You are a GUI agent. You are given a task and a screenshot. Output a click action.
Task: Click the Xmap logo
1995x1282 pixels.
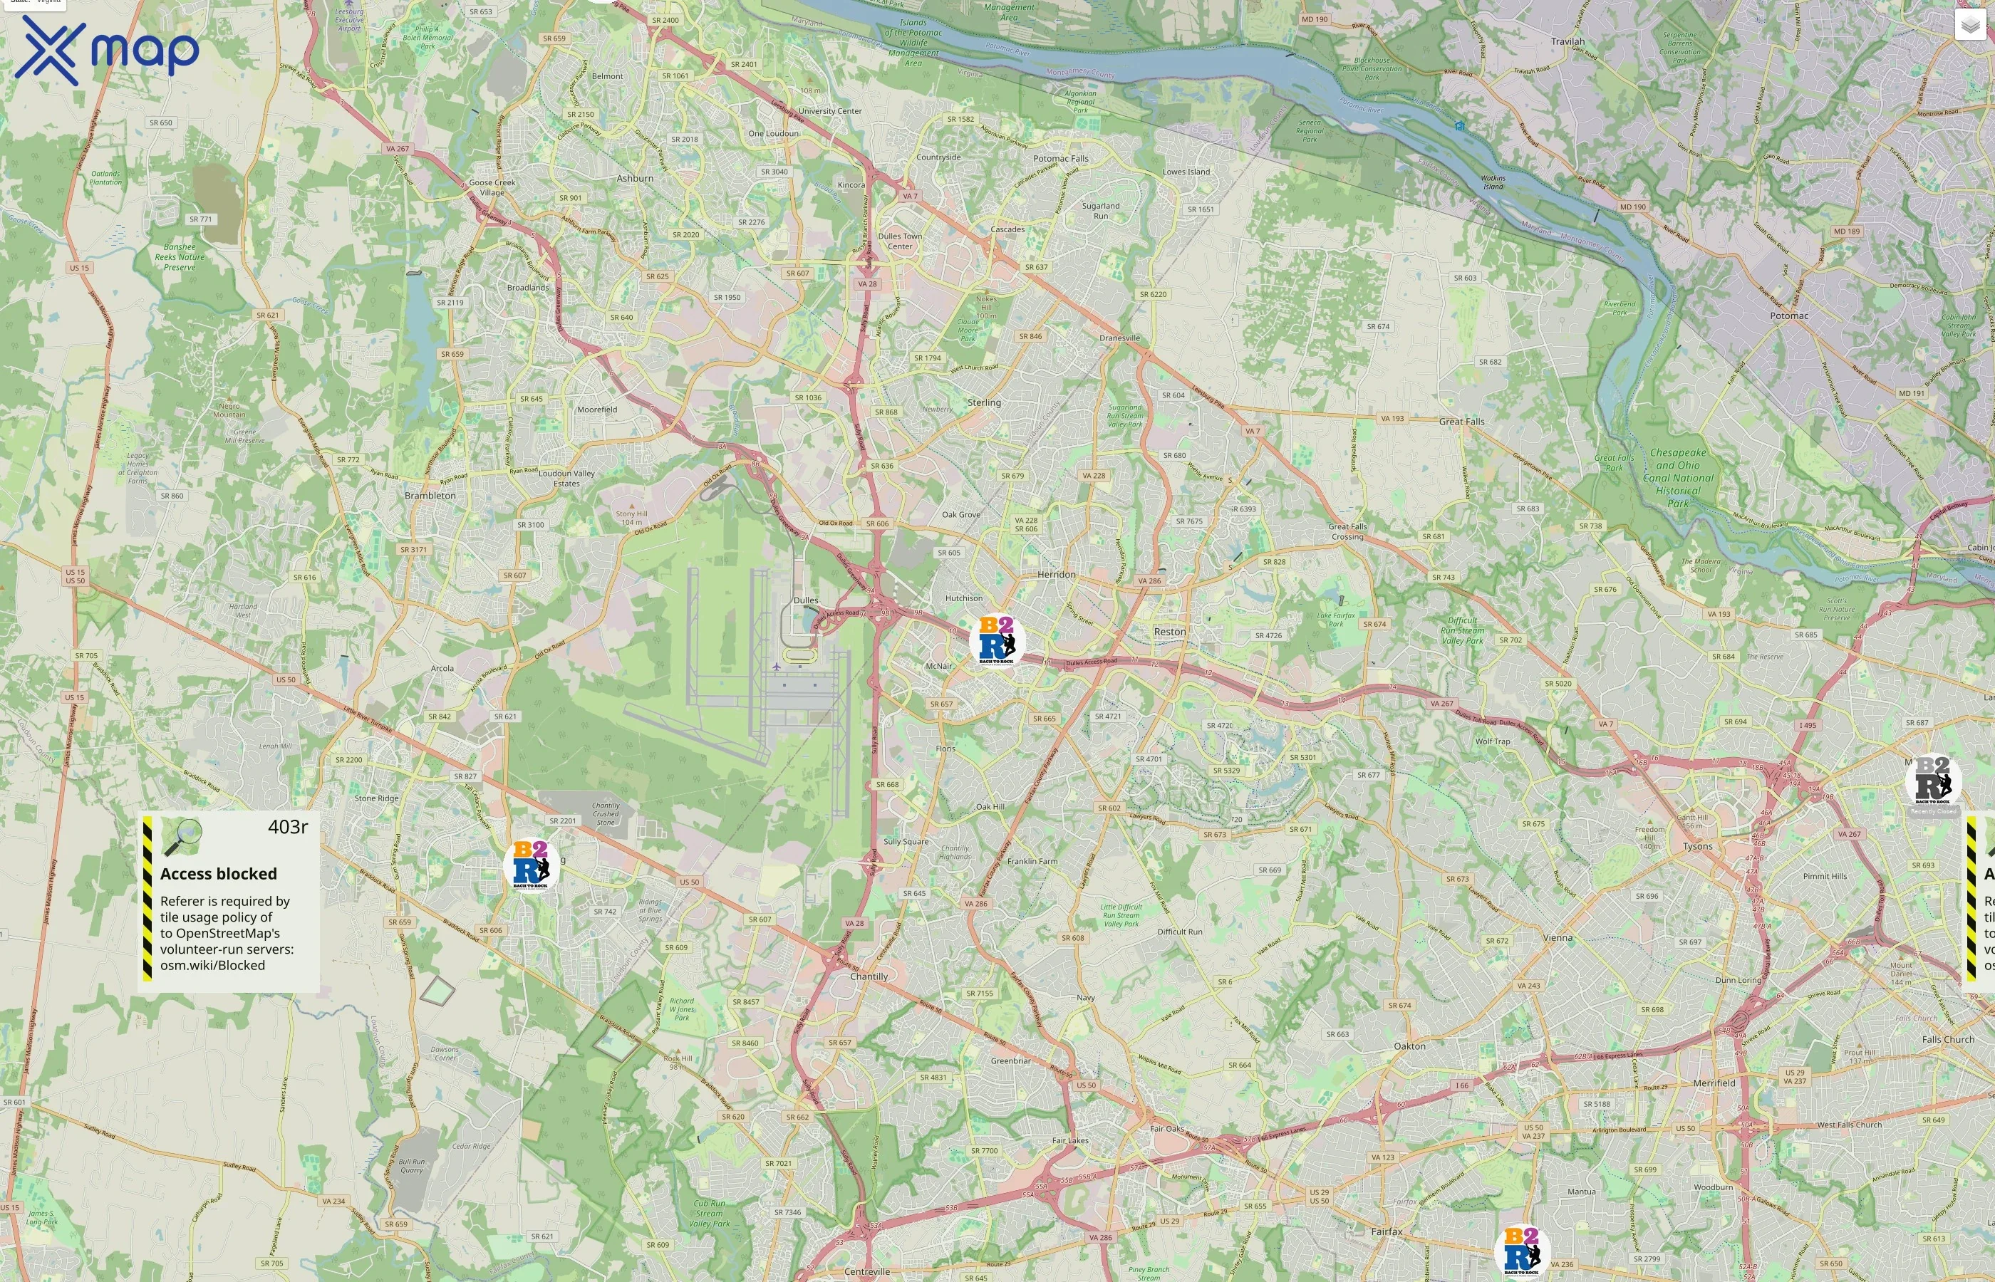point(107,50)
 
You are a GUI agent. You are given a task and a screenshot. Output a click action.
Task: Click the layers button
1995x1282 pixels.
point(1970,25)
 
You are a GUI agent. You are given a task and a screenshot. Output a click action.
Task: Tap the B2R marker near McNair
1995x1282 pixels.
point(997,640)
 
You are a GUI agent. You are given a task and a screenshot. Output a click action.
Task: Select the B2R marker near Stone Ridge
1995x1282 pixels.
point(530,864)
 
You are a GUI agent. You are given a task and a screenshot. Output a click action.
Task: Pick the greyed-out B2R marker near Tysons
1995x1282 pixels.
point(1932,781)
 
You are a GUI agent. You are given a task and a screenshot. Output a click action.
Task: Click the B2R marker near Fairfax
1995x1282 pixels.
point(1521,1251)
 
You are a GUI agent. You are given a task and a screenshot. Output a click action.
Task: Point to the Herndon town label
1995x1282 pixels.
point(1056,574)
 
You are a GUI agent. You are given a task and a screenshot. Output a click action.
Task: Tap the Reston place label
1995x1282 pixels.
point(1169,632)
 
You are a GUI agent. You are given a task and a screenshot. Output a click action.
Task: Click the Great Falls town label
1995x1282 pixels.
point(1461,421)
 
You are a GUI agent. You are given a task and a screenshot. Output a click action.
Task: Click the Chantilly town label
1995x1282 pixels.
point(869,976)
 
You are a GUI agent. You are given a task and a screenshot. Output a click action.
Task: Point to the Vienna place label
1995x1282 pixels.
point(1557,937)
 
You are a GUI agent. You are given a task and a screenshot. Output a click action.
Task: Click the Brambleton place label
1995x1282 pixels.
point(430,495)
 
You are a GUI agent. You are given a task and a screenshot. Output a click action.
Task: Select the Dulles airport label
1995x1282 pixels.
point(805,600)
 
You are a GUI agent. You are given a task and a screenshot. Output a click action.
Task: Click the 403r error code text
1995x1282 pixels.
point(287,827)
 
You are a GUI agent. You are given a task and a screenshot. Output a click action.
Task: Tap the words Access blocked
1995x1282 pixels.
point(218,873)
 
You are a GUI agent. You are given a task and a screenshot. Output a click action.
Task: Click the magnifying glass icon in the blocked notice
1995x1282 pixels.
point(182,837)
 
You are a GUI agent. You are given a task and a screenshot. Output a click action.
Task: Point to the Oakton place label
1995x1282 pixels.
point(1409,1046)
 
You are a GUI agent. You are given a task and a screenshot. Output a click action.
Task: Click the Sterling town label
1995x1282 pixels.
point(983,403)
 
